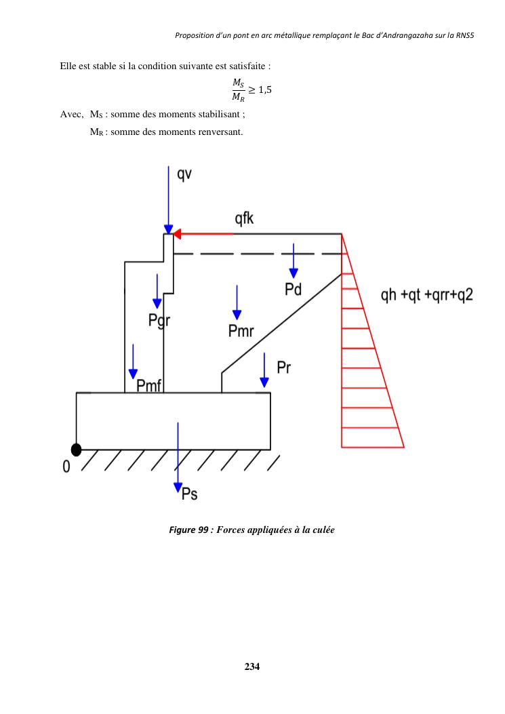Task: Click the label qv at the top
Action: click(x=184, y=174)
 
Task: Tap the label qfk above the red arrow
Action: click(x=245, y=219)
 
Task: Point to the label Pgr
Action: click(x=159, y=321)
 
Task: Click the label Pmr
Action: click(x=241, y=331)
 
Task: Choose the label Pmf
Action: click(x=148, y=386)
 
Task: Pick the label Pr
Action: click(x=285, y=368)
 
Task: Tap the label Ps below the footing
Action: click(x=190, y=494)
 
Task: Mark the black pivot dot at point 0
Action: click(x=77, y=450)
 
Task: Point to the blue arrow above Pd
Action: click(x=293, y=260)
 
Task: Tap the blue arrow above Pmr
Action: click(x=237, y=302)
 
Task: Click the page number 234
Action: click(x=252, y=666)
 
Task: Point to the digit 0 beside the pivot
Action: click(x=66, y=468)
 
